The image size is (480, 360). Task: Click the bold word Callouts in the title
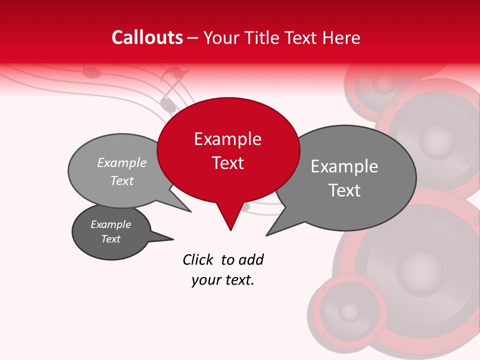[147, 37]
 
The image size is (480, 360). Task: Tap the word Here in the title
[342, 37]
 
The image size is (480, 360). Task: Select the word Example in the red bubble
[227, 139]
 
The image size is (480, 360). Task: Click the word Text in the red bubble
[227, 163]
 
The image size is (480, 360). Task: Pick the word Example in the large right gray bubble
[344, 166]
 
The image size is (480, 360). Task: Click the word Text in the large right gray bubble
[344, 190]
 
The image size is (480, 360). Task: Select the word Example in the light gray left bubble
[122, 162]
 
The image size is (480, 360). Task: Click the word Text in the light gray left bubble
[122, 180]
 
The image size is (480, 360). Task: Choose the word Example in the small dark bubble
[110, 224]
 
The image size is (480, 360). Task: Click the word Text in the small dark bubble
[110, 239]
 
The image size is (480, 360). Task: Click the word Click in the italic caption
[198, 259]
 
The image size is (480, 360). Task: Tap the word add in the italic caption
[251, 259]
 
